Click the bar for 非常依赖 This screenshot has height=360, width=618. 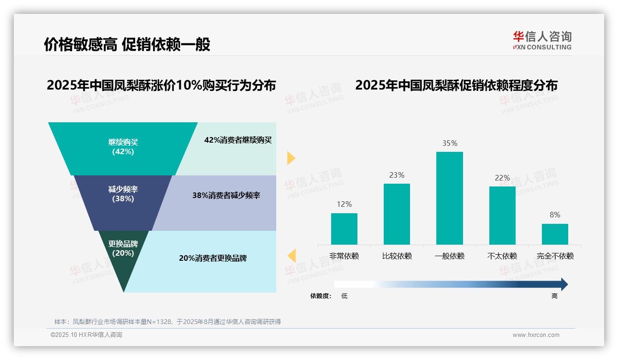[344, 228]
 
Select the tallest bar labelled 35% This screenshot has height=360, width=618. [449, 198]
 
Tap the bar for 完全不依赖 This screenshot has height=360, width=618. [555, 234]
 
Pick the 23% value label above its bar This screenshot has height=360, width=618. [397, 175]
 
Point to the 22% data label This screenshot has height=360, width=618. [502, 178]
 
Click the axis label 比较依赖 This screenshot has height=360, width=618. [397, 256]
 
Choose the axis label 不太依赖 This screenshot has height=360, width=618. [502, 256]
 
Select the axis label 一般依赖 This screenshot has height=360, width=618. [449, 256]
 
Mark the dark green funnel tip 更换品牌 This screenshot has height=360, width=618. [123, 258]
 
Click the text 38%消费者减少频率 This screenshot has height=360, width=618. [226, 195]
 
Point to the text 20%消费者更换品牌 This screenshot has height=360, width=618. [213, 258]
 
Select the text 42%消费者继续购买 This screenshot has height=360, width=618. [238, 140]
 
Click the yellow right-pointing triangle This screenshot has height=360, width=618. [291, 158]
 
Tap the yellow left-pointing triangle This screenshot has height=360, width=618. [291, 256]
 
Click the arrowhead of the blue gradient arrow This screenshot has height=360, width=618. [564, 284]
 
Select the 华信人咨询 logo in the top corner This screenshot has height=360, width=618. [542, 40]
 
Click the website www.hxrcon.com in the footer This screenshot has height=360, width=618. [536, 335]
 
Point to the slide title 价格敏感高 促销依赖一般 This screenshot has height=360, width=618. [127, 44]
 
